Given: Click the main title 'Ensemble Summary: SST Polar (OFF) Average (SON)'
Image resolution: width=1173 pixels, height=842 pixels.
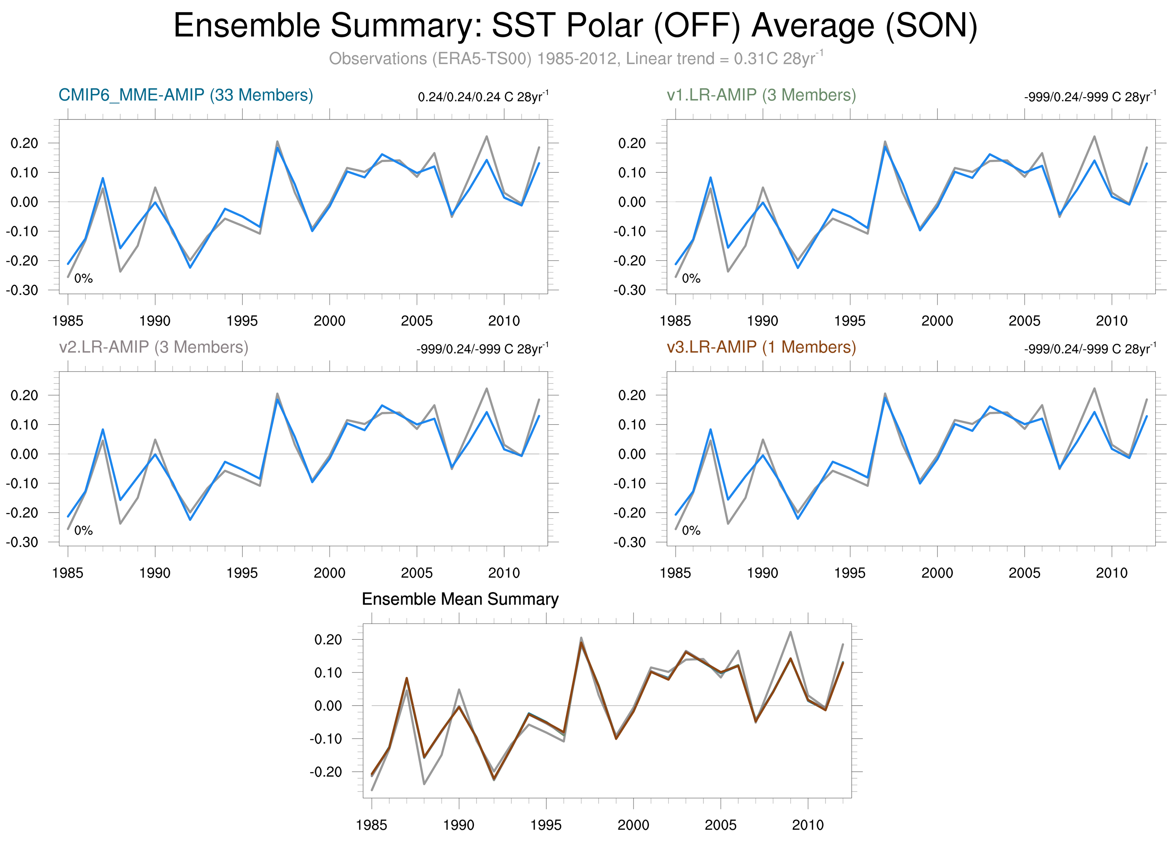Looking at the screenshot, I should (575, 26).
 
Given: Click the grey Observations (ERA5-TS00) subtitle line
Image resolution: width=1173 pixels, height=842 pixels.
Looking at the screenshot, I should (575, 58).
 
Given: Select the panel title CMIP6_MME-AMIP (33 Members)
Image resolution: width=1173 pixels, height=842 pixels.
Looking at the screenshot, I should (186, 95).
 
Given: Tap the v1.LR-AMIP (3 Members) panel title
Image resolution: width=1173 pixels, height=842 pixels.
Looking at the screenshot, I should (761, 95).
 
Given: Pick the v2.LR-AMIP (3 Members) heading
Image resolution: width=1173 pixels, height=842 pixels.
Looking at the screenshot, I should (154, 347).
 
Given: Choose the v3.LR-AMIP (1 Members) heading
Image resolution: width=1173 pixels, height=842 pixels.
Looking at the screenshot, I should (761, 347).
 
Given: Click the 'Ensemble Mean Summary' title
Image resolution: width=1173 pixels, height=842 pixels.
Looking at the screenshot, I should (460, 599).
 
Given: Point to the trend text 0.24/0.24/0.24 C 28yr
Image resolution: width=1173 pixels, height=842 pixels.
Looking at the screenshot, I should (483, 97).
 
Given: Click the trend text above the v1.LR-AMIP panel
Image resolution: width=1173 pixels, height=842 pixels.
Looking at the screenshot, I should (1090, 97).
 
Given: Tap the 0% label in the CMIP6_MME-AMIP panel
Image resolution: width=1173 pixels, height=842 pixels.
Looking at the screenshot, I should (83, 279).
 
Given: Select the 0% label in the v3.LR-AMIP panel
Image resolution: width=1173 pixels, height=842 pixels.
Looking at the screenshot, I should (691, 530).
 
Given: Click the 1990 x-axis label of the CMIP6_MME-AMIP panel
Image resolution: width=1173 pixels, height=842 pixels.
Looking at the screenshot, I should (155, 321).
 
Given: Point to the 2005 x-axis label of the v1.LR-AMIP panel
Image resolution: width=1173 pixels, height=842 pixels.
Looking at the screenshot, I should (1024, 321).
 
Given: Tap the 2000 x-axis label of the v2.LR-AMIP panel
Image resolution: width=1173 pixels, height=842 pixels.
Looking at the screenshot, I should (330, 573).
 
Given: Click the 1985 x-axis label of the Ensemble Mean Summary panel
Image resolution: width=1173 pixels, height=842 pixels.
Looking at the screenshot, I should (371, 825).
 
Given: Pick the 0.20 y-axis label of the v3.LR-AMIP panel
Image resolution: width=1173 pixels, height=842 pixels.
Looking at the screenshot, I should (632, 395).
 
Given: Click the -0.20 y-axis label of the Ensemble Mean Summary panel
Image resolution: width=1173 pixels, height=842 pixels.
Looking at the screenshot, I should (326, 772).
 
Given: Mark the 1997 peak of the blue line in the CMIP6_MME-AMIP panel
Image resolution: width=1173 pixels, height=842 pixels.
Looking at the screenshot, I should (278, 148).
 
